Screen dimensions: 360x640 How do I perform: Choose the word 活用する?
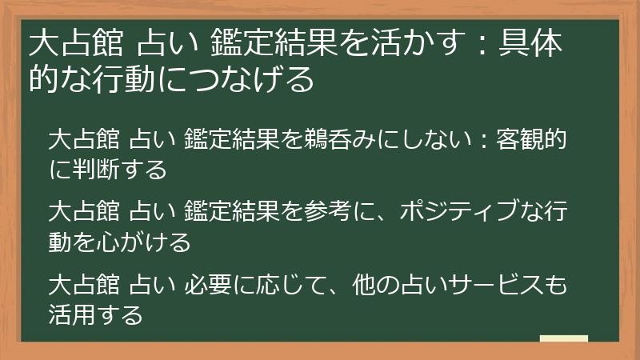pyautogui.click(x=95, y=314)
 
